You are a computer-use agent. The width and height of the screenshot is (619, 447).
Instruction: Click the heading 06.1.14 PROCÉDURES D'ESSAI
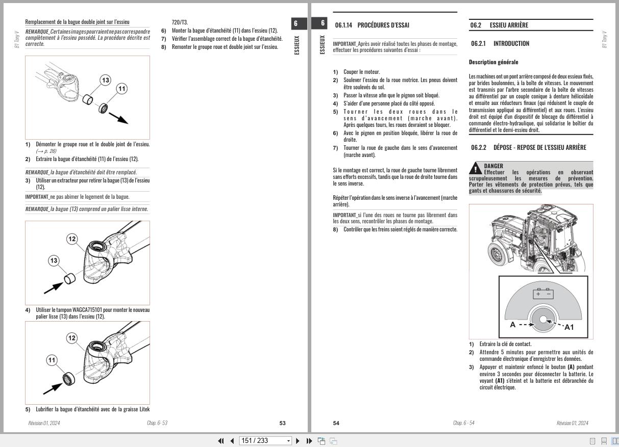(x=372, y=25)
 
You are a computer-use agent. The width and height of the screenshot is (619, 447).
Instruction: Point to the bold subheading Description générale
(x=493, y=62)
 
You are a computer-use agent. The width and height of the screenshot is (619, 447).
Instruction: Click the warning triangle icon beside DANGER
(x=476, y=169)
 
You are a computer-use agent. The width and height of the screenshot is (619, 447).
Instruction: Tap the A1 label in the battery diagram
(x=568, y=327)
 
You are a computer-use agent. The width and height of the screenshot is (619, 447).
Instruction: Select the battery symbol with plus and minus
(x=543, y=294)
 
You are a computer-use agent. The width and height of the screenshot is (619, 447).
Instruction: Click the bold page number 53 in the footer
(x=282, y=423)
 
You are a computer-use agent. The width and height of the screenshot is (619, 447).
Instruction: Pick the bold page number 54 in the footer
(x=336, y=423)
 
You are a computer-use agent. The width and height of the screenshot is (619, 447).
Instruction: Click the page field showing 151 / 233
(x=262, y=441)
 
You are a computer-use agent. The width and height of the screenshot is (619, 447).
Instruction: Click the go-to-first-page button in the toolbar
(x=221, y=441)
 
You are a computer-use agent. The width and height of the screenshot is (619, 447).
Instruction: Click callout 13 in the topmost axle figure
(x=105, y=80)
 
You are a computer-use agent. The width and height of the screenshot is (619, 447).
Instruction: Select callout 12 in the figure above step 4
(x=72, y=239)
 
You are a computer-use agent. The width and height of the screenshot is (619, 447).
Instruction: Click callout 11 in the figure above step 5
(x=52, y=360)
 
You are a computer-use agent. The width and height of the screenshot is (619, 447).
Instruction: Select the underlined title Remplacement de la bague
(x=77, y=22)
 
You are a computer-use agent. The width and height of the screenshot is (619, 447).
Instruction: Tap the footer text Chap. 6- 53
(x=157, y=423)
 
